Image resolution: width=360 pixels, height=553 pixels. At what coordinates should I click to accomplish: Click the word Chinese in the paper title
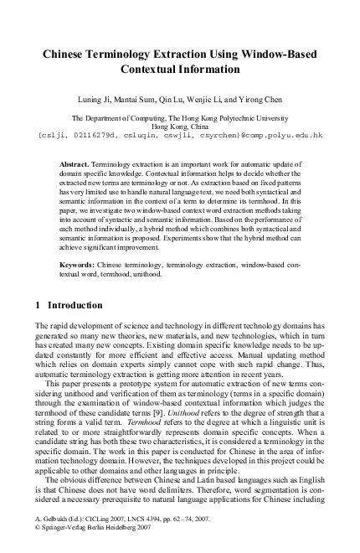click(69, 53)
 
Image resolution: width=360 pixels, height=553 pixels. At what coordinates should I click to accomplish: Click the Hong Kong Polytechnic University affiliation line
click(180, 118)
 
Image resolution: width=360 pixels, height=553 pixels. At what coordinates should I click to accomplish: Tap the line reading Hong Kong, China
click(180, 127)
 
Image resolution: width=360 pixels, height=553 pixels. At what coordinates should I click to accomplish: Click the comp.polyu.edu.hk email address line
click(180, 135)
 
